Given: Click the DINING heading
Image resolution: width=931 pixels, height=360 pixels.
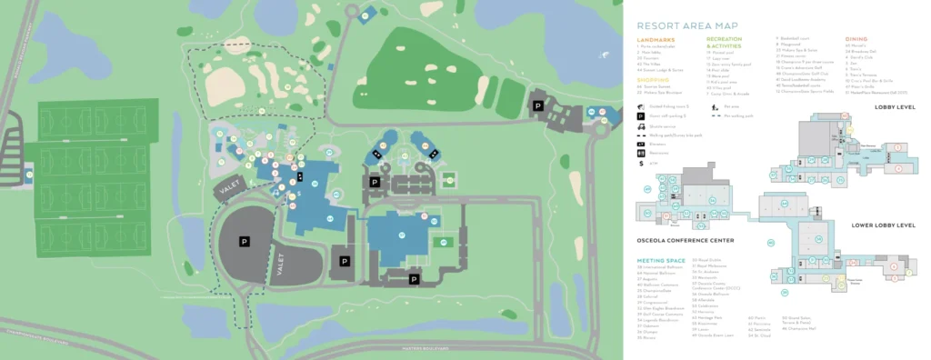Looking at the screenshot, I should [x=856, y=40].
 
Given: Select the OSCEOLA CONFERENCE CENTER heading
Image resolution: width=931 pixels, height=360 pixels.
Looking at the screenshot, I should [x=686, y=240].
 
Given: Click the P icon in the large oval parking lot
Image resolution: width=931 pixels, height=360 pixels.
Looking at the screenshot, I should [x=244, y=242].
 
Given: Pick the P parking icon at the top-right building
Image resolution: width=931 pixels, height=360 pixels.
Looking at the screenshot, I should [x=538, y=106].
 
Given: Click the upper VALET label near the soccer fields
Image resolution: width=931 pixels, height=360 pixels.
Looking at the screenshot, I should [x=225, y=187].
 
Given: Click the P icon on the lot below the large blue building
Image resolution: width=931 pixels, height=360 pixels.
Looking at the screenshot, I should [x=414, y=279].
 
